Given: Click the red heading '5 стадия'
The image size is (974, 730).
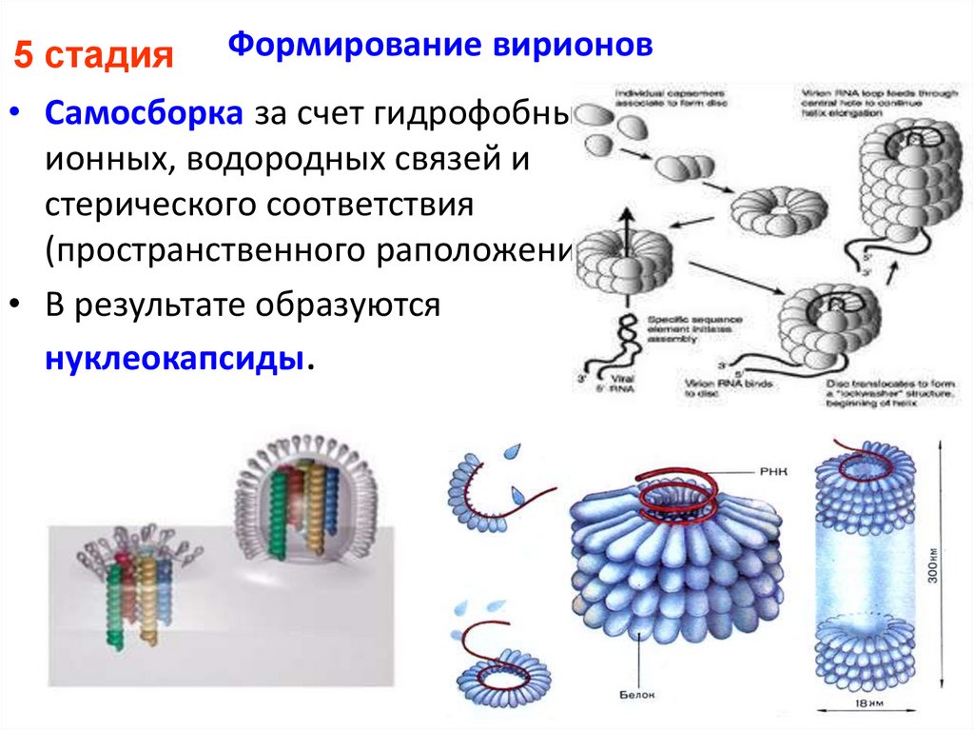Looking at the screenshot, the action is click(91, 56).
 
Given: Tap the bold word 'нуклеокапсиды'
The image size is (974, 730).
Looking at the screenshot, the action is click(175, 359).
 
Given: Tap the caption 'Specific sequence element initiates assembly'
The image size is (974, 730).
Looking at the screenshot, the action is click(684, 326).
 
